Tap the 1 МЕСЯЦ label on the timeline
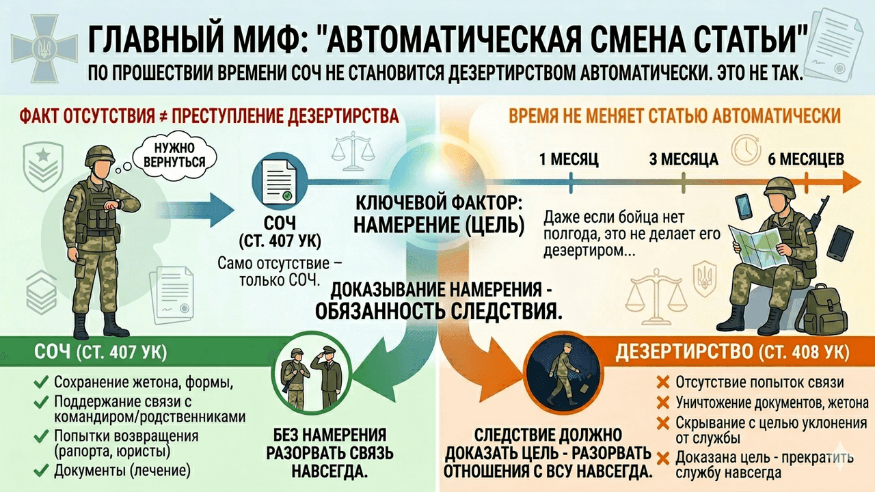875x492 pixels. (569, 160)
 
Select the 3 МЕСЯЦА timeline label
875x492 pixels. (684, 160)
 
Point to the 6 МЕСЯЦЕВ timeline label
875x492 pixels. (806, 160)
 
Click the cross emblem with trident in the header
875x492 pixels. (44, 48)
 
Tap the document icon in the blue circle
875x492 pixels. (279, 182)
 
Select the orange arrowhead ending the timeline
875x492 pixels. (852, 182)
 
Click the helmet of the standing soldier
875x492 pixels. (100, 155)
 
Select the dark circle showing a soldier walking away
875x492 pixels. (563, 374)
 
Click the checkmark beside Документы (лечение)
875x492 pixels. (42, 471)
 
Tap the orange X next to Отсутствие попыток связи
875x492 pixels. (663, 382)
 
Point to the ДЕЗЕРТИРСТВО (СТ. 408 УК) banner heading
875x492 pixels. (732, 352)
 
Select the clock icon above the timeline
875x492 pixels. (746, 150)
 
